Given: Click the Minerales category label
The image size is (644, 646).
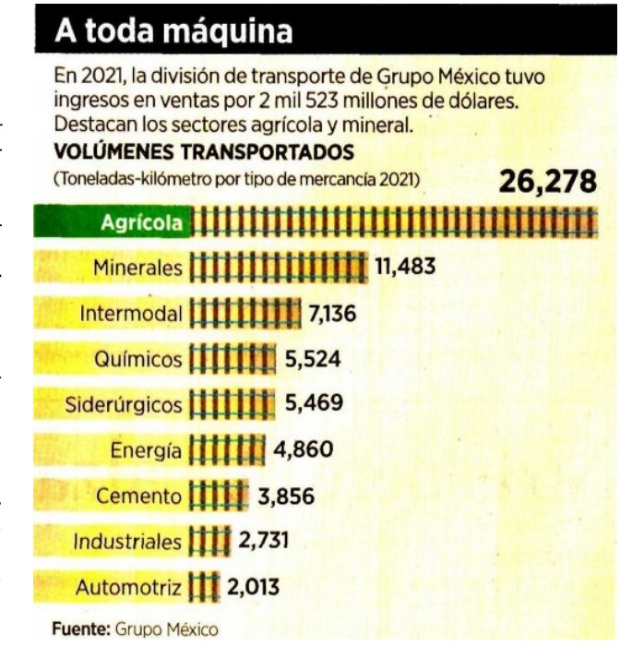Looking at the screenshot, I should (138, 269).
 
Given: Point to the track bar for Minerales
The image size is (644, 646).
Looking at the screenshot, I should (278, 269).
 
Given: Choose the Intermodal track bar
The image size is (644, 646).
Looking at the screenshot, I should (245, 314).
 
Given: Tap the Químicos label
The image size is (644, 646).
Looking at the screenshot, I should (138, 359).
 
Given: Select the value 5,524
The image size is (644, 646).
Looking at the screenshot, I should (313, 359).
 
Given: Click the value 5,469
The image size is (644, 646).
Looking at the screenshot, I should (313, 404).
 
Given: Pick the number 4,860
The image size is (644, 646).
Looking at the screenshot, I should (304, 450).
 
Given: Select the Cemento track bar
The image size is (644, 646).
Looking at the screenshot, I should (219, 496).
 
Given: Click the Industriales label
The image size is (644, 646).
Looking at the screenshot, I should (128, 541).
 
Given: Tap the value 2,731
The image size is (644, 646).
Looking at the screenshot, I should (267, 541).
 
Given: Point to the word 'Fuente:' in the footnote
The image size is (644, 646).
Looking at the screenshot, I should (81, 629).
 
